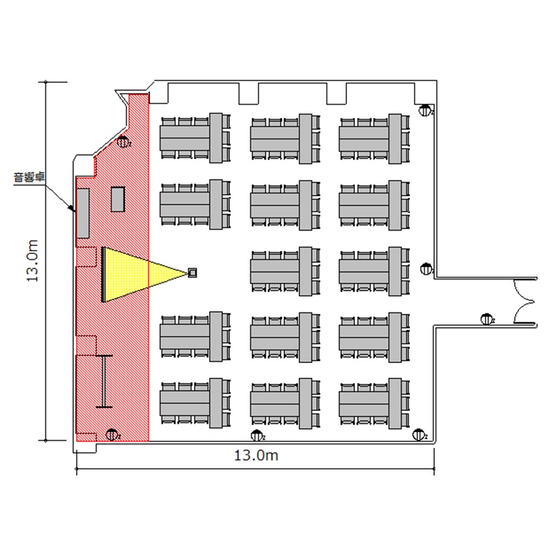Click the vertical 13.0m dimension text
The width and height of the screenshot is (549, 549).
point(31,261)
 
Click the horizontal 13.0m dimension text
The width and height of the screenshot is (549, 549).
point(255,455)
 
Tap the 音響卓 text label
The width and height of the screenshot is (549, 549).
point(27,176)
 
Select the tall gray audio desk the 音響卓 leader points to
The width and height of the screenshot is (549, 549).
point(83,213)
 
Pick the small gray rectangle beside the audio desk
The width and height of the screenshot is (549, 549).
point(118,199)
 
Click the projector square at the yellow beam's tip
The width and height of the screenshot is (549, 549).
point(193,273)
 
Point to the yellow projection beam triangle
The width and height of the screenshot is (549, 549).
point(139,274)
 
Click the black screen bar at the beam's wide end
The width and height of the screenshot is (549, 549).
point(102,274)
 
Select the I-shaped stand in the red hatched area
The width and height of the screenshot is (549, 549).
point(105,380)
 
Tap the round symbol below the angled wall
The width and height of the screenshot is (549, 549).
point(124,143)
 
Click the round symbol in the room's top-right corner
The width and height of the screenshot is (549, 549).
point(425,111)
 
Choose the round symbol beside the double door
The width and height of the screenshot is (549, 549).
point(486,318)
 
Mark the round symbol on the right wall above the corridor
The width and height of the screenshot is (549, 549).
point(426,269)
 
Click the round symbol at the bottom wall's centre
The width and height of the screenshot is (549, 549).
point(256,436)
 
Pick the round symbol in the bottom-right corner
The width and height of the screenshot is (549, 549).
point(419,436)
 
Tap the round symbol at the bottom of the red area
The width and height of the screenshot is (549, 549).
point(111,435)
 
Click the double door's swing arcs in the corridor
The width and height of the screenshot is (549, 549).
point(526,301)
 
